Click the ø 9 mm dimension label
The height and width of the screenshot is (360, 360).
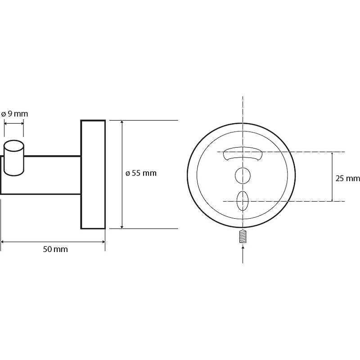click(x=14, y=114)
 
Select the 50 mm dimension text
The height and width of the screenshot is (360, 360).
click(x=55, y=249)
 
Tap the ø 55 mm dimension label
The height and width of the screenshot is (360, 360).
click(x=141, y=173)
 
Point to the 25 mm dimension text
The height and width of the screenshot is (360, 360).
click(x=347, y=178)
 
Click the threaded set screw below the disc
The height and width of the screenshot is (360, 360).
click(x=243, y=237)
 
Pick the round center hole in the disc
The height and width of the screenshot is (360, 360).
click(x=243, y=175)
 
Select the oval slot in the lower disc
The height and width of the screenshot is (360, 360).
click(x=243, y=201)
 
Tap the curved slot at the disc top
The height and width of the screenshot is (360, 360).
click(x=243, y=154)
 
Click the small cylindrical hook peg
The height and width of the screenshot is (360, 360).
click(x=14, y=158)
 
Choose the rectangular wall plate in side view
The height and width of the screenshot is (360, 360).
click(x=93, y=175)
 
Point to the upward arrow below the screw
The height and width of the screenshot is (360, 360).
click(x=243, y=254)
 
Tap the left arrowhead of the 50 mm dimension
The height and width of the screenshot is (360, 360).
click(x=3, y=242)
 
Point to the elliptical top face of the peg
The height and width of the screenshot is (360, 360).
click(x=14, y=145)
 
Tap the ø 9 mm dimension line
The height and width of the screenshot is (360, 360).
click(x=14, y=123)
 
